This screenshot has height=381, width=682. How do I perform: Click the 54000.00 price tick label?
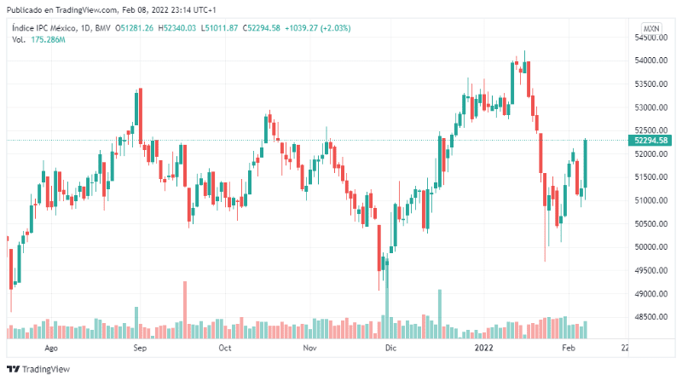point(650,61)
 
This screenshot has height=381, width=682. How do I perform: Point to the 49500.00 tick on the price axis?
point(650,270)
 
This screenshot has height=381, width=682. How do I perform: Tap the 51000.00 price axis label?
point(650,200)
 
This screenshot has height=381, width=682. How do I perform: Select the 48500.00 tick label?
point(650,317)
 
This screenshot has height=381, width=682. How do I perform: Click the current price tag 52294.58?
point(650,140)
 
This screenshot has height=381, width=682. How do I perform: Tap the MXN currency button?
point(651,28)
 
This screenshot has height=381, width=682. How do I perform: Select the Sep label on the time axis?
point(141,349)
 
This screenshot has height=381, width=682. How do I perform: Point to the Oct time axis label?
point(225,349)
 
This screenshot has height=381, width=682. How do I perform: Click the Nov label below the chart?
point(310,349)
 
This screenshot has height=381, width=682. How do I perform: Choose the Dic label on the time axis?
point(390,349)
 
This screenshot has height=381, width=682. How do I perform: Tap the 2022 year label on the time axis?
point(484,349)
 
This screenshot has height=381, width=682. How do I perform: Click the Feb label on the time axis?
point(569,349)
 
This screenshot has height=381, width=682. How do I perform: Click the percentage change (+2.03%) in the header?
point(332,28)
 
